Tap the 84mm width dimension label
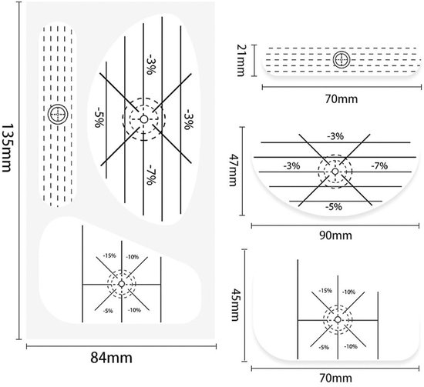(x=112, y=358)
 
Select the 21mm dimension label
(x=241, y=60)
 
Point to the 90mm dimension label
(x=335, y=235)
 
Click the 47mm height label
(x=233, y=170)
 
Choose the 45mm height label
(x=234, y=305)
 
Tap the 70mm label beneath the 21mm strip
(x=342, y=99)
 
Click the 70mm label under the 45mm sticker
(x=335, y=378)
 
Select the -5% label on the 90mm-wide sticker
(x=334, y=207)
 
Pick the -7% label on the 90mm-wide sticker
(x=379, y=165)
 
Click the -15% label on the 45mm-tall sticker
(x=325, y=291)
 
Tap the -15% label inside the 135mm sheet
(x=109, y=255)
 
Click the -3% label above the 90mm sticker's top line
(x=335, y=136)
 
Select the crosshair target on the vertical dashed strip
(x=58, y=114)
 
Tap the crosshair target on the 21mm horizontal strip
(x=342, y=59)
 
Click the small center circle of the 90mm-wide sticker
(x=335, y=172)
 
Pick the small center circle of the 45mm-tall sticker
(x=338, y=319)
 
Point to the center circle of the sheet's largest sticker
(x=144, y=119)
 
